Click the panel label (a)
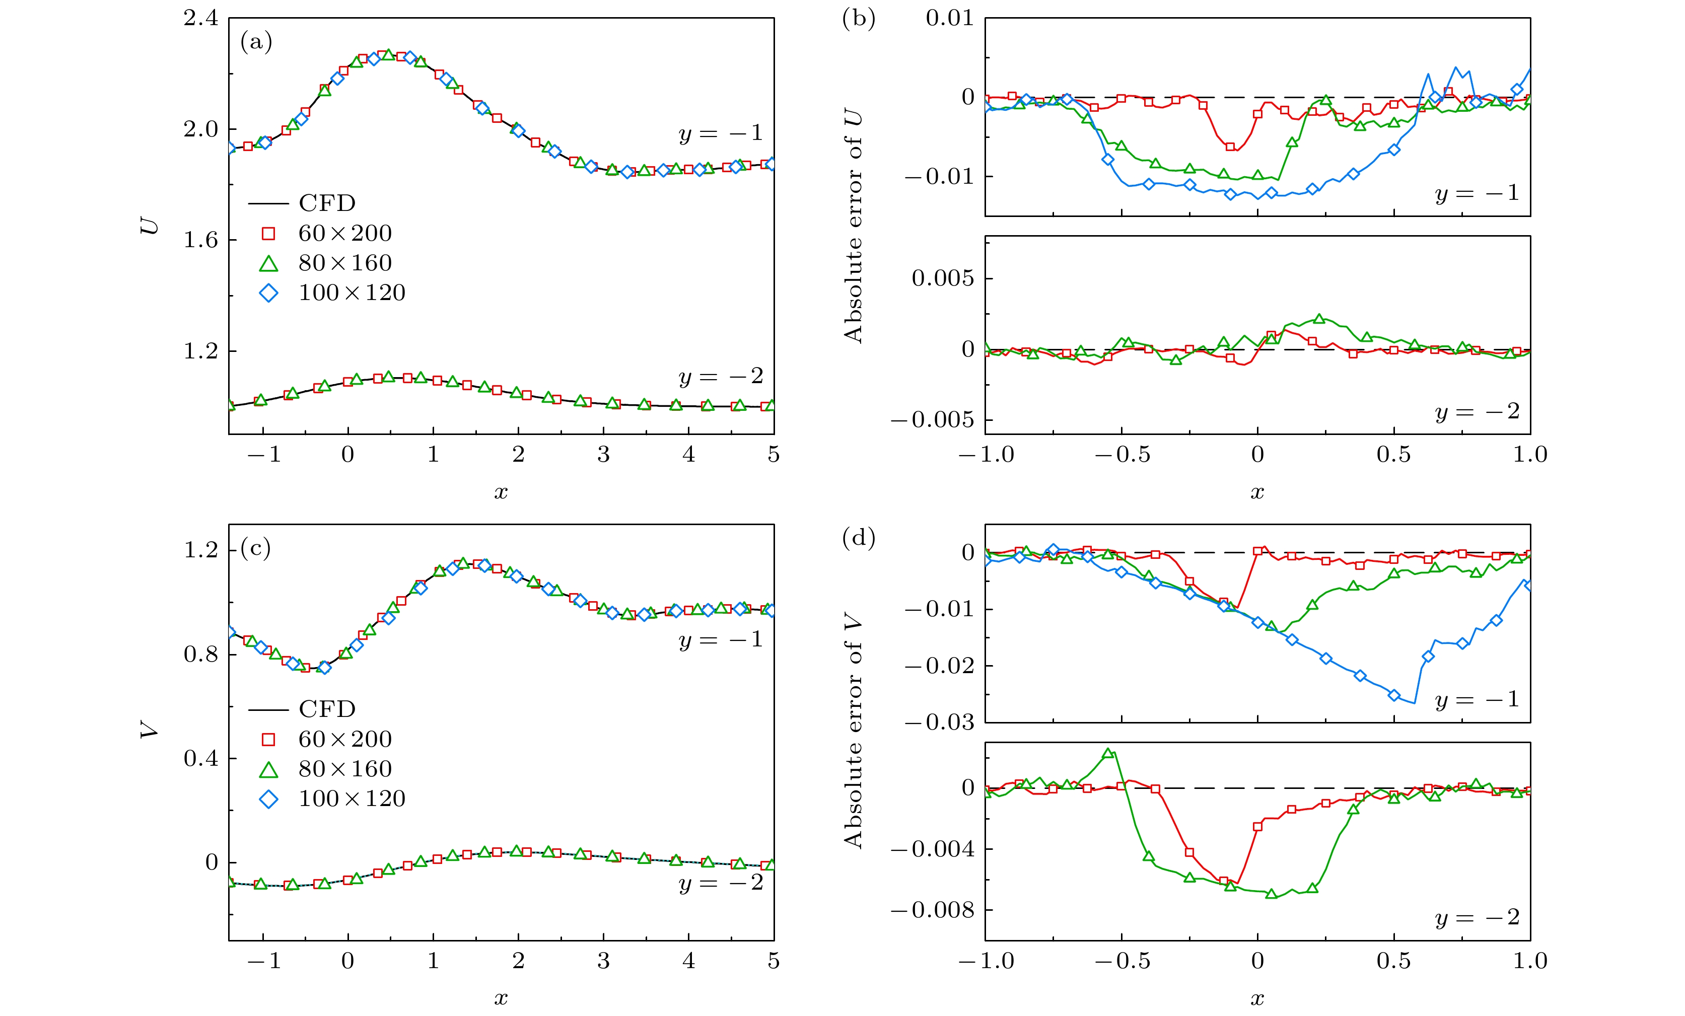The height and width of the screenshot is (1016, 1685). coord(256,42)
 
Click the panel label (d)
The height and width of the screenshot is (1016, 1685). coord(859,538)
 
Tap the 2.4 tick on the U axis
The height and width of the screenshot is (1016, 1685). coord(201,19)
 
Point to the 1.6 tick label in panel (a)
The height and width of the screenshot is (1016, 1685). coord(201,240)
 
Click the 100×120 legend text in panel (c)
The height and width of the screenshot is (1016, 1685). coord(352,799)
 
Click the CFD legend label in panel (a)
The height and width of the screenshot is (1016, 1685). coord(327,203)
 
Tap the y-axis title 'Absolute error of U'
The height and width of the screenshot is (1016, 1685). coord(854,226)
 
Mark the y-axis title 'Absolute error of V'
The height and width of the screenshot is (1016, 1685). coord(854,732)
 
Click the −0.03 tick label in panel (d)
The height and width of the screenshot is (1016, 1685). coord(939,722)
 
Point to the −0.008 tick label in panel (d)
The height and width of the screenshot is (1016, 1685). coord(932,910)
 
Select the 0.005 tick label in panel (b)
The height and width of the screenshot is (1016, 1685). coord(942,278)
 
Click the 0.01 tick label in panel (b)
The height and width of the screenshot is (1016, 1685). coord(950,19)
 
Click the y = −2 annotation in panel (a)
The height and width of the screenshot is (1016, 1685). coord(721,376)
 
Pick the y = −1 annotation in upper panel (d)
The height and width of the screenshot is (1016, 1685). coord(1477,699)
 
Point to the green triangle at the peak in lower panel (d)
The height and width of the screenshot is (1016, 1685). coord(1108,754)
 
